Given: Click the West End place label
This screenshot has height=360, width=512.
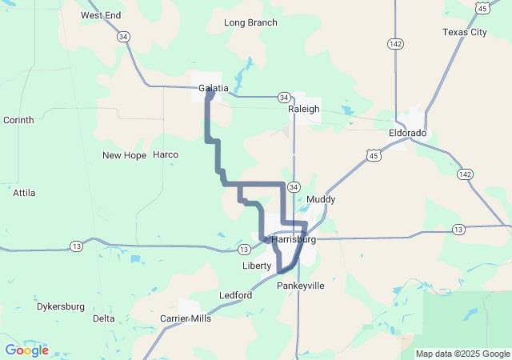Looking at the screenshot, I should [x=101, y=15].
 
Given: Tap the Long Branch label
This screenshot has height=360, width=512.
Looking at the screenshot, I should [x=250, y=22].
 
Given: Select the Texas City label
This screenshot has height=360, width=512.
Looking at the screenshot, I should [x=465, y=32].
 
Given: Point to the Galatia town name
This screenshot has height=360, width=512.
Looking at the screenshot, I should [x=214, y=88].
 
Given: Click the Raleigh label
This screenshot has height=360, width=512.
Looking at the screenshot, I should [x=304, y=109].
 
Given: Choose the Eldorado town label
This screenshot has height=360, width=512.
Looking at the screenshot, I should [x=408, y=132].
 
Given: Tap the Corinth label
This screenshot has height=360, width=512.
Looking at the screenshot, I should [x=18, y=120].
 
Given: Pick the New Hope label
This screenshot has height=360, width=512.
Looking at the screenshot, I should [x=124, y=154].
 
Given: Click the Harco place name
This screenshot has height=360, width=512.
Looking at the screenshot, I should [x=166, y=154].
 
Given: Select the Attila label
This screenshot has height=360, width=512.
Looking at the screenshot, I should [x=25, y=193].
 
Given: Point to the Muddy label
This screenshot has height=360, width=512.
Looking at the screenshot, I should [x=321, y=199].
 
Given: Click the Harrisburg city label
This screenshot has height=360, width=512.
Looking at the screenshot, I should [x=294, y=239].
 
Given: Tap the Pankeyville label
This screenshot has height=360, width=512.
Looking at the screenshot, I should [x=301, y=286].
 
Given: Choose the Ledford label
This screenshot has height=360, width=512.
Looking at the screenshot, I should [x=236, y=295].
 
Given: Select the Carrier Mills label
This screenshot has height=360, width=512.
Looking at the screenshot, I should [x=186, y=318].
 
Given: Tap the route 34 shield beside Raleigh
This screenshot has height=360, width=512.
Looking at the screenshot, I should [x=285, y=97].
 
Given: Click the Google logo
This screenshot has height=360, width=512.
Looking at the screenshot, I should [x=26, y=350].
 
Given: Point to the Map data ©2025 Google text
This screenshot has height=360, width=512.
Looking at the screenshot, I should [x=462, y=354].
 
